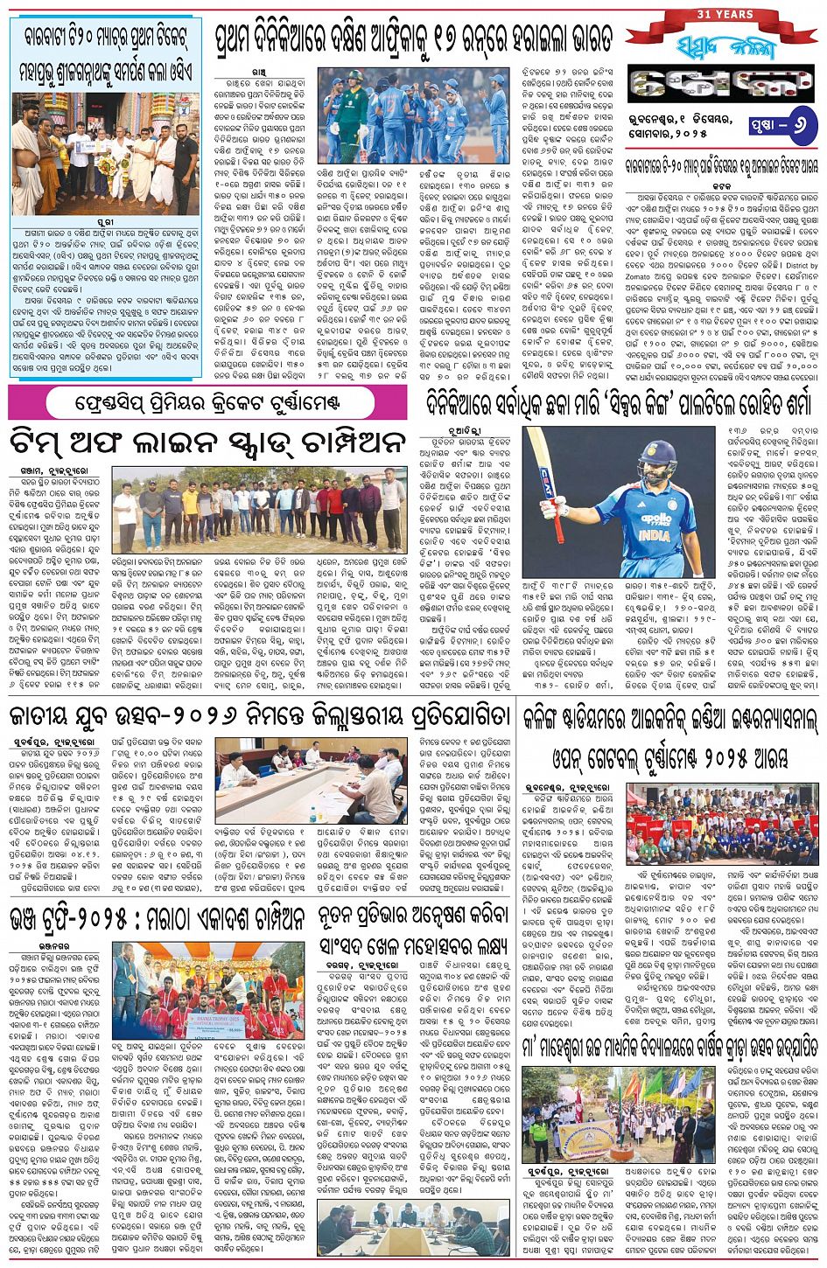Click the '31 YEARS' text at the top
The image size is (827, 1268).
[x=724, y=15]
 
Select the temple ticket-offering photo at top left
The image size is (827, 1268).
[x=104, y=154]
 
